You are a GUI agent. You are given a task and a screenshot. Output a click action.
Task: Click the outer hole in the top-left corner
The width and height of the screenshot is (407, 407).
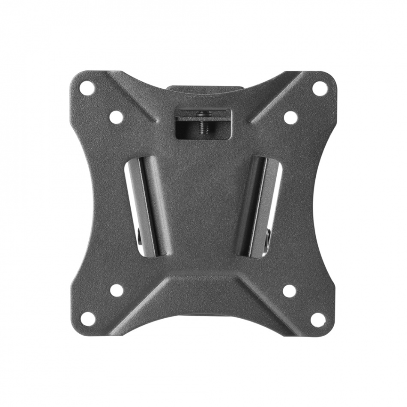point(87,88)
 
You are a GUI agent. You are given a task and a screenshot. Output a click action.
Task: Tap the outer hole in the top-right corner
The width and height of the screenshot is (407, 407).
point(320,88)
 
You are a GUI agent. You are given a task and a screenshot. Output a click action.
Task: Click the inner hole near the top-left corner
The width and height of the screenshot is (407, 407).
point(116,117)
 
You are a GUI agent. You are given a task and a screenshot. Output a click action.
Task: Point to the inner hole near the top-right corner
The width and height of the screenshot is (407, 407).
point(290,117)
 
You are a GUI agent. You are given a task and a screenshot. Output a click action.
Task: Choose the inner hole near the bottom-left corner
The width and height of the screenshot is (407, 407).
point(117,290)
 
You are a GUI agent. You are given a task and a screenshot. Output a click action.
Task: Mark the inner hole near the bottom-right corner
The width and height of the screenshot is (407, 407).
point(289,290)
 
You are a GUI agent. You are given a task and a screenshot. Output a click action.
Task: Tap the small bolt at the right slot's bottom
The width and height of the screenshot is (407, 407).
point(268,235)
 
